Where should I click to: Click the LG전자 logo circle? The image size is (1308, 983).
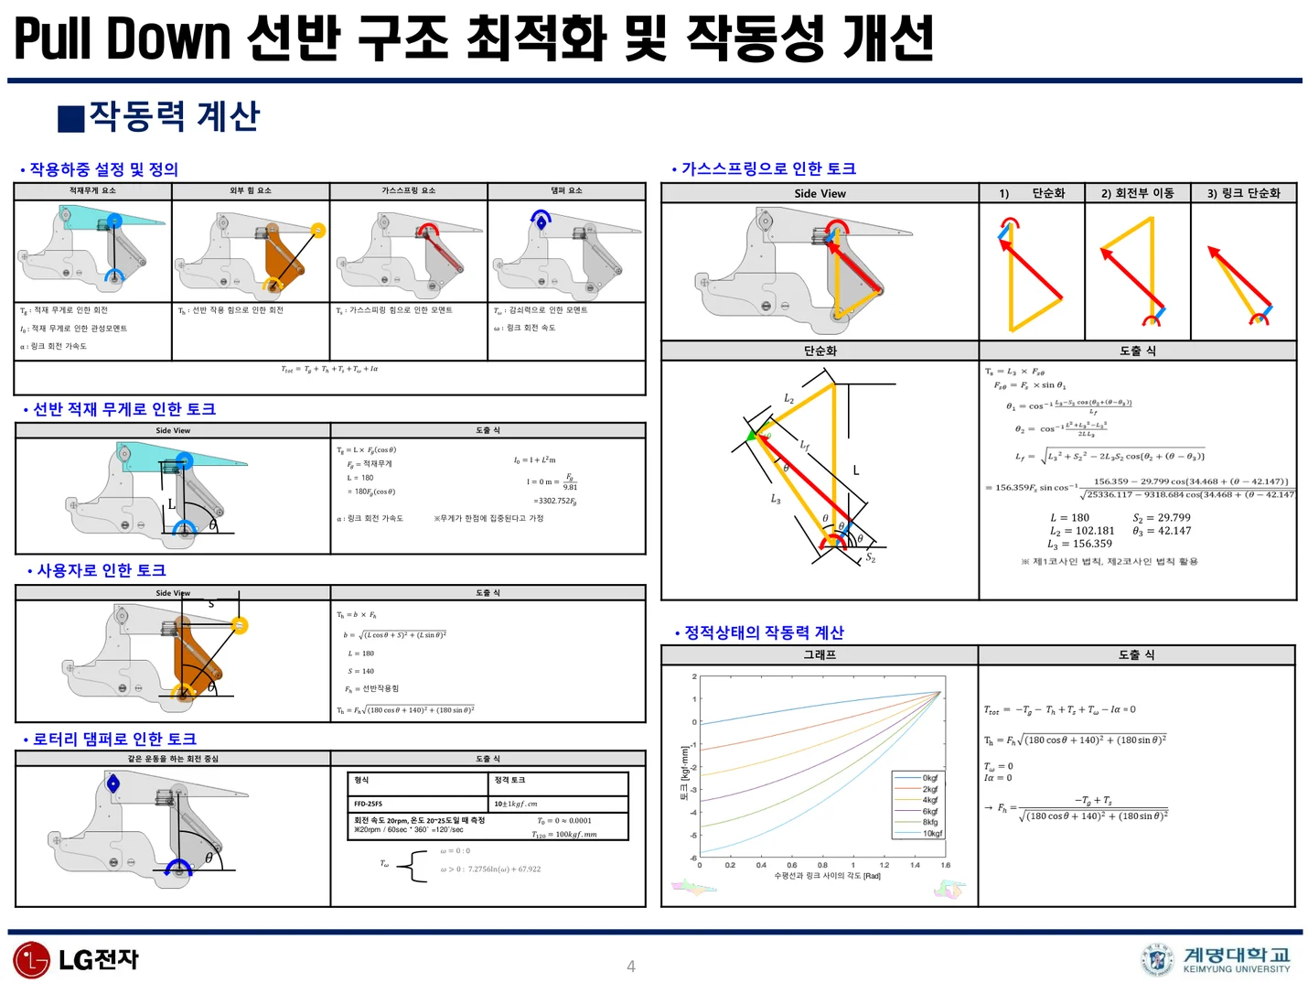pos(31,959)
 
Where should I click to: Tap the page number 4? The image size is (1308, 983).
pos(630,967)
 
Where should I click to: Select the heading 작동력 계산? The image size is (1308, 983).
pos(174,116)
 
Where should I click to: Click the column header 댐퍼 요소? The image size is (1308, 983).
pos(566,191)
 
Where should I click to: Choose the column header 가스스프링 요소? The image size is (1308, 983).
pos(408,191)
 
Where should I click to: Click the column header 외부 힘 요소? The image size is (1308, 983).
pos(250,191)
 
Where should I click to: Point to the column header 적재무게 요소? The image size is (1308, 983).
pos(92,191)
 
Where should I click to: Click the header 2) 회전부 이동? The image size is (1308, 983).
pos(1137,193)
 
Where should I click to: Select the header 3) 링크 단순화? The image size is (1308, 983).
pos(1243,193)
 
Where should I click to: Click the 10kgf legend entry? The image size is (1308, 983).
pos(929,833)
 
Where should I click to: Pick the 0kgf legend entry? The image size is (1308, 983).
pos(929,778)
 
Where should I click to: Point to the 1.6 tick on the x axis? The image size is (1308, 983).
pos(945,865)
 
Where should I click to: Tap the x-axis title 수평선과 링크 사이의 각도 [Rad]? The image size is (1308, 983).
pos(827,876)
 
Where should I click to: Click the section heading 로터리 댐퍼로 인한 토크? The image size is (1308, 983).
pos(114,740)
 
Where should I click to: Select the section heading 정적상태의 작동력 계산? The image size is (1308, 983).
pos(764,632)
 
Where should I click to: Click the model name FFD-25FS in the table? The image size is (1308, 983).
pos(369,804)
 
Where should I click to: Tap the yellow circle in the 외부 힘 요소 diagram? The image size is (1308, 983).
pos(317,231)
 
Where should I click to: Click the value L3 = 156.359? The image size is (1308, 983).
pos(1080,544)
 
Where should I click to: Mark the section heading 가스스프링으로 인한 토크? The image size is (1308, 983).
pos(768,168)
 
